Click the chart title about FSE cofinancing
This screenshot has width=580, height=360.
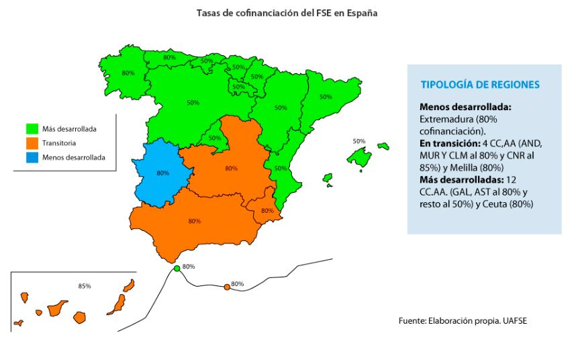tap(287, 13)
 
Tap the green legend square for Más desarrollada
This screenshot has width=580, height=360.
tap(32, 128)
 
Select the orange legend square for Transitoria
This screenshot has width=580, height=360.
tap(32, 143)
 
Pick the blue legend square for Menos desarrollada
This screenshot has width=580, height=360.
tap(32, 158)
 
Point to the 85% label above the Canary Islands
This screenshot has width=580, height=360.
tap(85, 286)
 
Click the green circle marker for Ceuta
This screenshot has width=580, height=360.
tap(177, 269)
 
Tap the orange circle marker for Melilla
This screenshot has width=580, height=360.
tap(227, 287)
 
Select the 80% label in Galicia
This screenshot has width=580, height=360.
tap(128, 73)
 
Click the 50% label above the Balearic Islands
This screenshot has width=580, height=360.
tap(359, 142)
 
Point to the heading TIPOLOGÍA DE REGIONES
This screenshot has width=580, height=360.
tap(480, 85)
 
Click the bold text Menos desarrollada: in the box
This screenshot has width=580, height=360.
tap(465, 107)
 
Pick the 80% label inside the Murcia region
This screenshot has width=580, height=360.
tap(267, 210)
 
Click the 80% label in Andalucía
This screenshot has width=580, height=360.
tap(195, 221)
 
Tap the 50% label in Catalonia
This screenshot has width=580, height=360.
tap(326, 97)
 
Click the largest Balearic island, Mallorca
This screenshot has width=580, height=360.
tap(360, 158)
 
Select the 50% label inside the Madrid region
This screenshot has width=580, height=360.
tap(214, 138)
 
